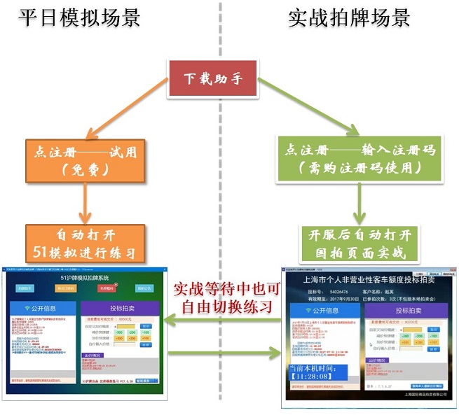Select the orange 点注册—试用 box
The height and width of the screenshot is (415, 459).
pyautogui.click(x=88, y=160)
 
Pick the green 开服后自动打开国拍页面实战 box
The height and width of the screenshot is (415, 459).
pyautogui.click(x=359, y=243)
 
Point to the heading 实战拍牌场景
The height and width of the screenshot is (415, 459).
pyautogui.click(x=349, y=17)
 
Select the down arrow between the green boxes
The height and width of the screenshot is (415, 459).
pyautogui.click(x=359, y=204)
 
